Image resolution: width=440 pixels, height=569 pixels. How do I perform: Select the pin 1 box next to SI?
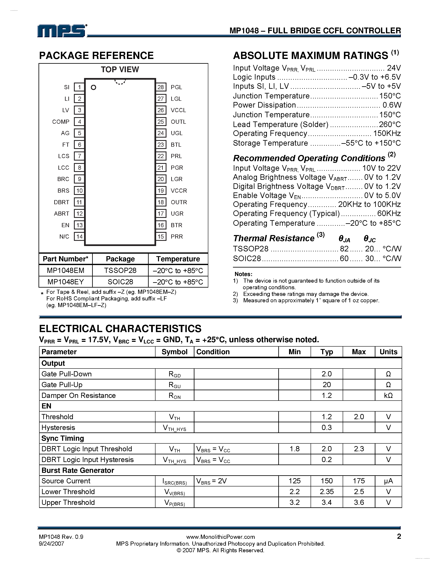[x=79, y=87]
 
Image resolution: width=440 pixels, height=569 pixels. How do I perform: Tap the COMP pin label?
[x=61, y=122]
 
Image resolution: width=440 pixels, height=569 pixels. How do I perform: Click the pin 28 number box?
[x=160, y=87]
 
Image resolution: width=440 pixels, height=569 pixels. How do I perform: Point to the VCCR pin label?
[x=179, y=190]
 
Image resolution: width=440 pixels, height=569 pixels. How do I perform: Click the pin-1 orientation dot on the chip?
[x=93, y=87]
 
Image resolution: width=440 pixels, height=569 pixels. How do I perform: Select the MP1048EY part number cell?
[x=66, y=282]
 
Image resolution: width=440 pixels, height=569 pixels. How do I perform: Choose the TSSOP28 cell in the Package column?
[x=120, y=270]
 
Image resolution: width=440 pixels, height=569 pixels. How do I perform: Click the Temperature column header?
[x=178, y=259]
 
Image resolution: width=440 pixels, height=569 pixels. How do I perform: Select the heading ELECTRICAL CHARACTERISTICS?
[x=120, y=329]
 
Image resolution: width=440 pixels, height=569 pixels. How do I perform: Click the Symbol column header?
[x=174, y=352]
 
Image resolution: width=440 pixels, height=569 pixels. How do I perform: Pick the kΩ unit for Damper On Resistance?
[x=388, y=395]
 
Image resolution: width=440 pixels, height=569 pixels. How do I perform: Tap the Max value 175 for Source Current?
[x=359, y=481]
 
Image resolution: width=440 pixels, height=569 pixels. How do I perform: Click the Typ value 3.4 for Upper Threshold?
[x=326, y=502]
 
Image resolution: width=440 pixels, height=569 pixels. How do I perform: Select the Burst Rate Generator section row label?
[x=78, y=470]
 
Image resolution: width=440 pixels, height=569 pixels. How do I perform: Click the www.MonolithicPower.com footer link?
[x=221, y=537]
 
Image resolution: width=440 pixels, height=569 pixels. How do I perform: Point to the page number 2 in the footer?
[x=399, y=537]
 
